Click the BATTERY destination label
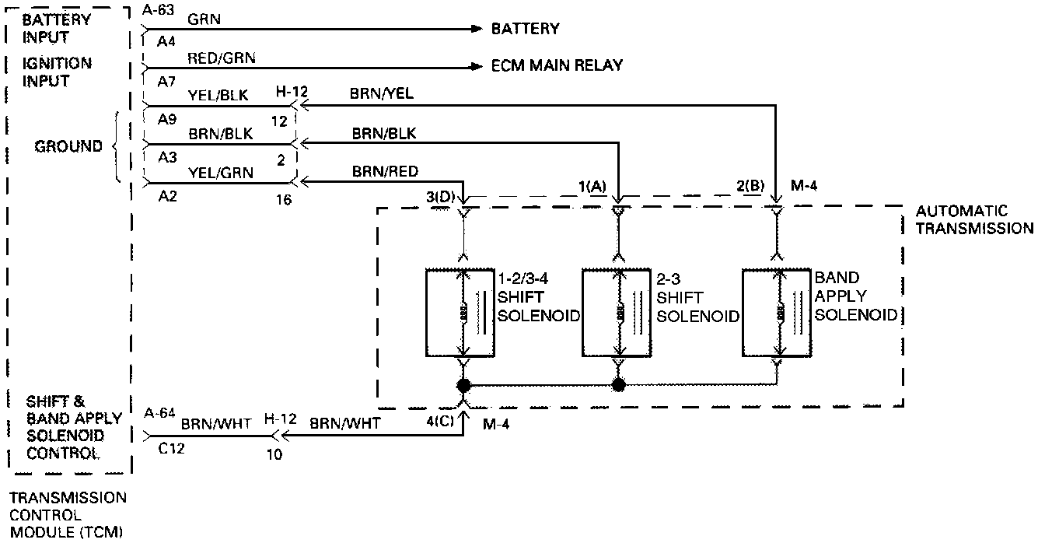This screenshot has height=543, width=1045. pyautogui.click(x=525, y=29)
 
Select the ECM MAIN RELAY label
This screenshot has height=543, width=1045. pyautogui.click(x=557, y=65)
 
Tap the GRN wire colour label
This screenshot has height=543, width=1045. pyautogui.click(x=204, y=19)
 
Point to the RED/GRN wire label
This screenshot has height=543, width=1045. pyautogui.click(x=221, y=57)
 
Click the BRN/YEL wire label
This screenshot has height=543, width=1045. pyautogui.click(x=382, y=93)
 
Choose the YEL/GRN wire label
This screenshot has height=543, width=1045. pyautogui.click(x=221, y=173)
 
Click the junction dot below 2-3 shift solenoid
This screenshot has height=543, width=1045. pyautogui.click(x=619, y=384)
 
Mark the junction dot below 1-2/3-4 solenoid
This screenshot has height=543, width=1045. pyautogui.click(x=463, y=384)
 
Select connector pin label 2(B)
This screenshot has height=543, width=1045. pyautogui.click(x=751, y=187)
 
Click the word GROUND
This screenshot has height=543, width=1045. pyautogui.click(x=68, y=146)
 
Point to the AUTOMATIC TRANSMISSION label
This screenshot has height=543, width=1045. pyautogui.click(x=974, y=219)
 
